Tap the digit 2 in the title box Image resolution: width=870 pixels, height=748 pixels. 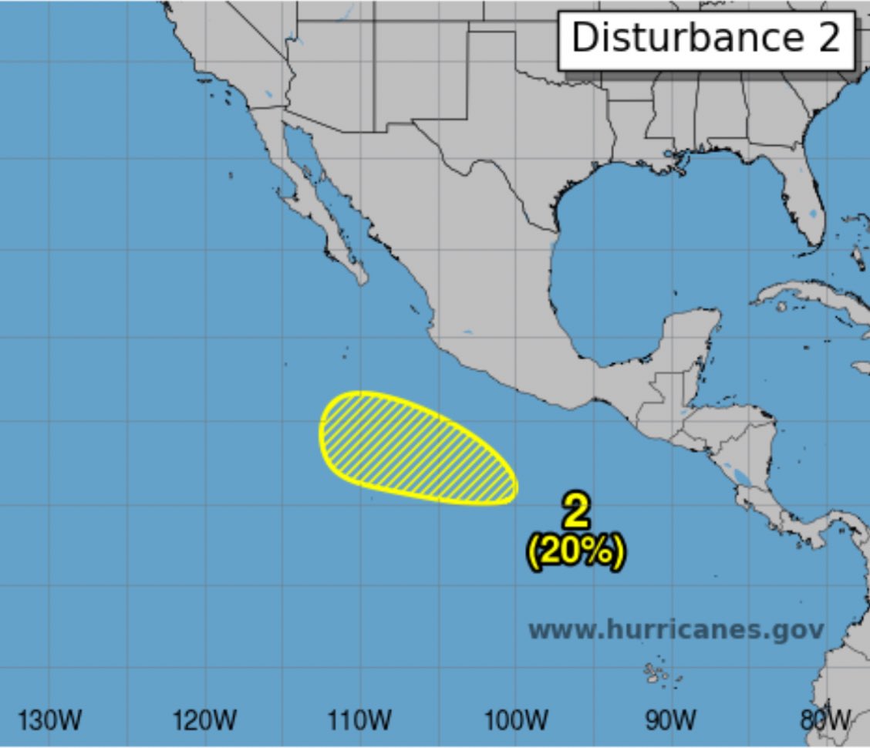click(x=829, y=38)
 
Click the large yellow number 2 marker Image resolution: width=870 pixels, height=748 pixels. click(x=576, y=511)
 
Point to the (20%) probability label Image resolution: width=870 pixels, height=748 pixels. click(x=576, y=551)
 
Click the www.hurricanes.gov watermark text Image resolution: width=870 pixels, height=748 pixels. click(x=676, y=629)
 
